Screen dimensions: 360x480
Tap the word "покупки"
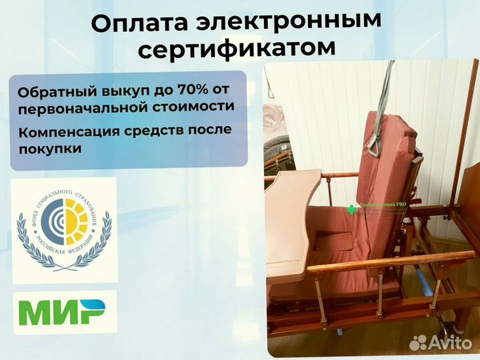point(50,149)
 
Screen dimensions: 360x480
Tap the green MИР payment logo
point(61,313)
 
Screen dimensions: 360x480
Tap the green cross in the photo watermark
point(352,209)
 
